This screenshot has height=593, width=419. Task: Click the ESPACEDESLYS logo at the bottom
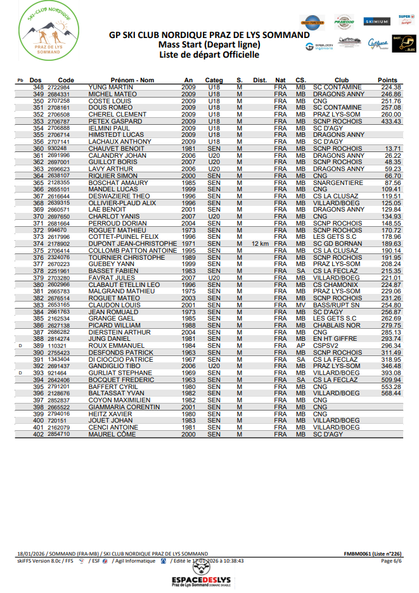coord(209,580)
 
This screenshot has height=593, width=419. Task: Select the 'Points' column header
coord(387,80)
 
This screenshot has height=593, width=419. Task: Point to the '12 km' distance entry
coord(261,243)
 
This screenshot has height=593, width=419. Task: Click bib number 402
coord(39,434)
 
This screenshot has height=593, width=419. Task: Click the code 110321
coord(58,346)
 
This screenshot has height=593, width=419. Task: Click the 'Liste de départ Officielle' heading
coord(209,55)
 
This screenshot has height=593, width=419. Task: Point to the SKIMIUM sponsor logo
coord(377,22)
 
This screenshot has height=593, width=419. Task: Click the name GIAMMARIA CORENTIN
coord(124,407)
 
